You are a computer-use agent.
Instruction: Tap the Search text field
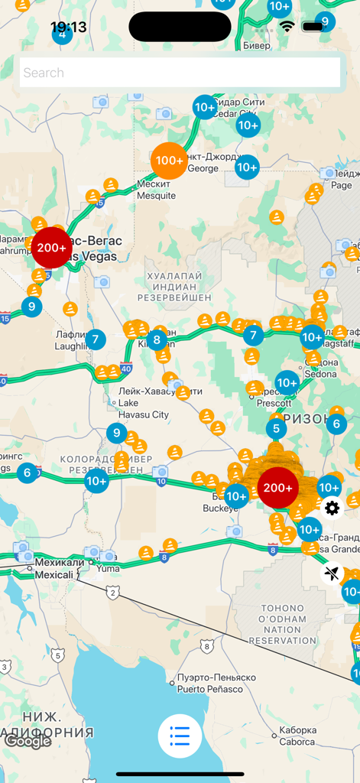point(180,73)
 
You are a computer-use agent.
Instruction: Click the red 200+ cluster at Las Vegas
point(52,248)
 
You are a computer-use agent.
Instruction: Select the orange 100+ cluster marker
point(169,161)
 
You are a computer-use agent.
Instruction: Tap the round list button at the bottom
point(180,736)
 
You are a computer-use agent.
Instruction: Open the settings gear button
point(332,508)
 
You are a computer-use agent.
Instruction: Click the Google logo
point(28,740)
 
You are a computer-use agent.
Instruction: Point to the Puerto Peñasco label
point(216,683)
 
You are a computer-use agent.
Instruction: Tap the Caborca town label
point(297,736)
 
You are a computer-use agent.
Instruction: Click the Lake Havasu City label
point(143,403)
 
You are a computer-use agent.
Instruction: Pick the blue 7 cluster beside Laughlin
point(95,340)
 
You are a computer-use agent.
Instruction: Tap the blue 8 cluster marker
point(157,340)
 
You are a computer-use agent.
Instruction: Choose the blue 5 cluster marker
point(276,430)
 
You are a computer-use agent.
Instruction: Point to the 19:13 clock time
point(69,28)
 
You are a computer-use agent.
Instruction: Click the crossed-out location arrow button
point(332,572)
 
